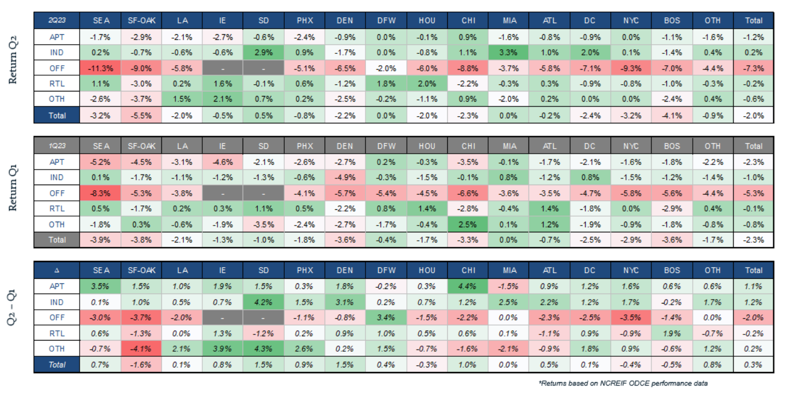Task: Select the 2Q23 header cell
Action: click(56, 20)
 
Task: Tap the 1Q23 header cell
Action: click(56, 146)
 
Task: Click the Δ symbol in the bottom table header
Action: click(56, 270)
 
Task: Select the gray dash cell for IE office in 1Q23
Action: click(223, 193)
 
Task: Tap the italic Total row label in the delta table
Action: click(56, 365)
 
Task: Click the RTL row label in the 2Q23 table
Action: click(56, 83)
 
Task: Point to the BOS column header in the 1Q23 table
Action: click(671, 146)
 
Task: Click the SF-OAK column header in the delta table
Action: click(141, 270)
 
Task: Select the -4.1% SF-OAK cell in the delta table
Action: click(141, 349)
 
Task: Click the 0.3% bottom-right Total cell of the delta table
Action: click(753, 365)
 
